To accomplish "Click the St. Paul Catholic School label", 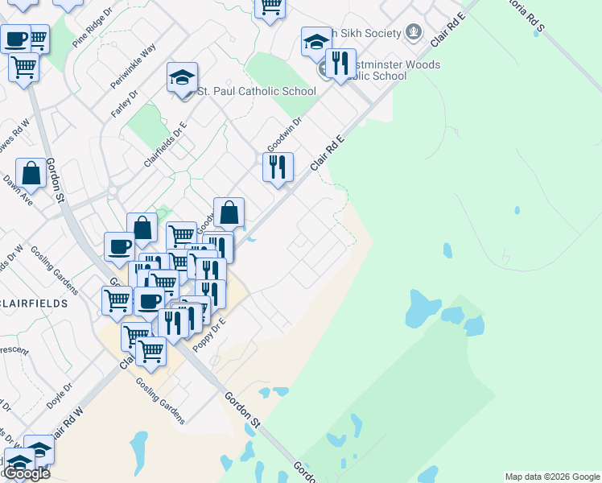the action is click(x=257, y=91).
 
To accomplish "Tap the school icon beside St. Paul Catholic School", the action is click(x=183, y=79).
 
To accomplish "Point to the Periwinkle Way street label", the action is click(x=133, y=66).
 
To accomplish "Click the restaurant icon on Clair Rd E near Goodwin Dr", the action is click(x=278, y=167).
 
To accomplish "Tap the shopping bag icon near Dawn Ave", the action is click(x=31, y=172).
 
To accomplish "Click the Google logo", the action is click(x=27, y=473).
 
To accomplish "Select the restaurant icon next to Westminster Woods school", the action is click(x=340, y=63).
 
